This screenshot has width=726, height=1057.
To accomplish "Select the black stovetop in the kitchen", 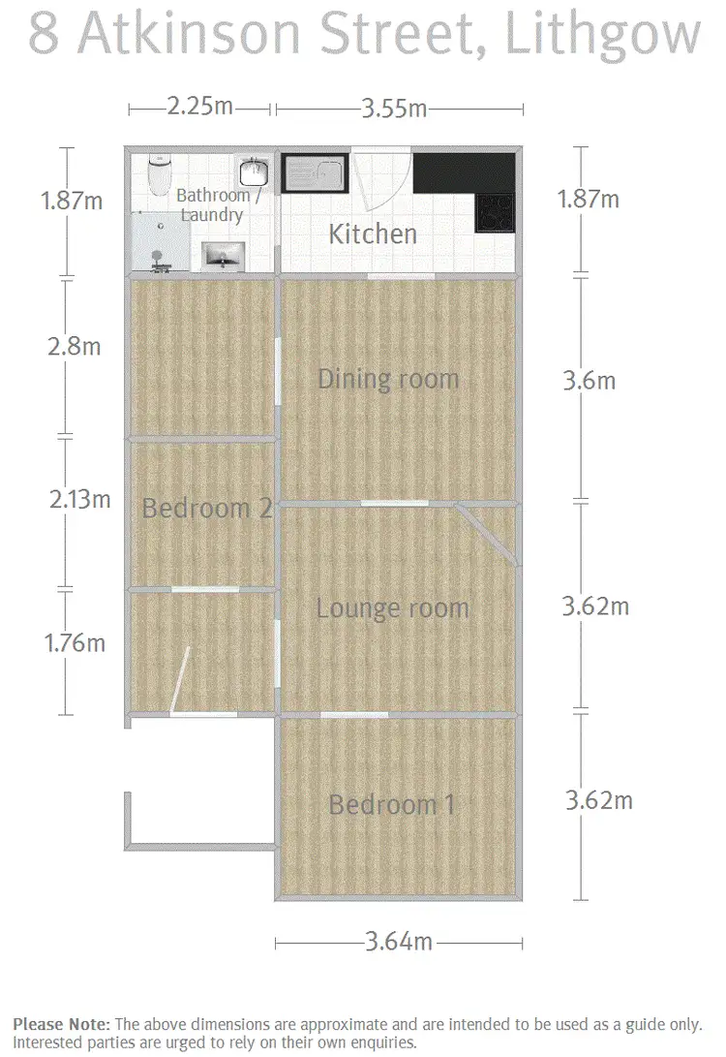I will [495, 212].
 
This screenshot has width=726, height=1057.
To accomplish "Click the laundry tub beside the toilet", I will [254, 171].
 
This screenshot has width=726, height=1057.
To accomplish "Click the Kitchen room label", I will [373, 233].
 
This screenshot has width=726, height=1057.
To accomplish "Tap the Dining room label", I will [388, 378].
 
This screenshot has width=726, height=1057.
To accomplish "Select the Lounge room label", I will [392, 608].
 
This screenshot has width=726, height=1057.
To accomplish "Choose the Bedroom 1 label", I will [391, 804].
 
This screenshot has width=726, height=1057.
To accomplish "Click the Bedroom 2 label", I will [205, 508].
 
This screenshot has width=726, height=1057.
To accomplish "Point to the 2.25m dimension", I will [199, 107].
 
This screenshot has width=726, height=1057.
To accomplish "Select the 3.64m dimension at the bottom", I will [398, 940].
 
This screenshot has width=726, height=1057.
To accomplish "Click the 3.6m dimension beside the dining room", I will [589, 380].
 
